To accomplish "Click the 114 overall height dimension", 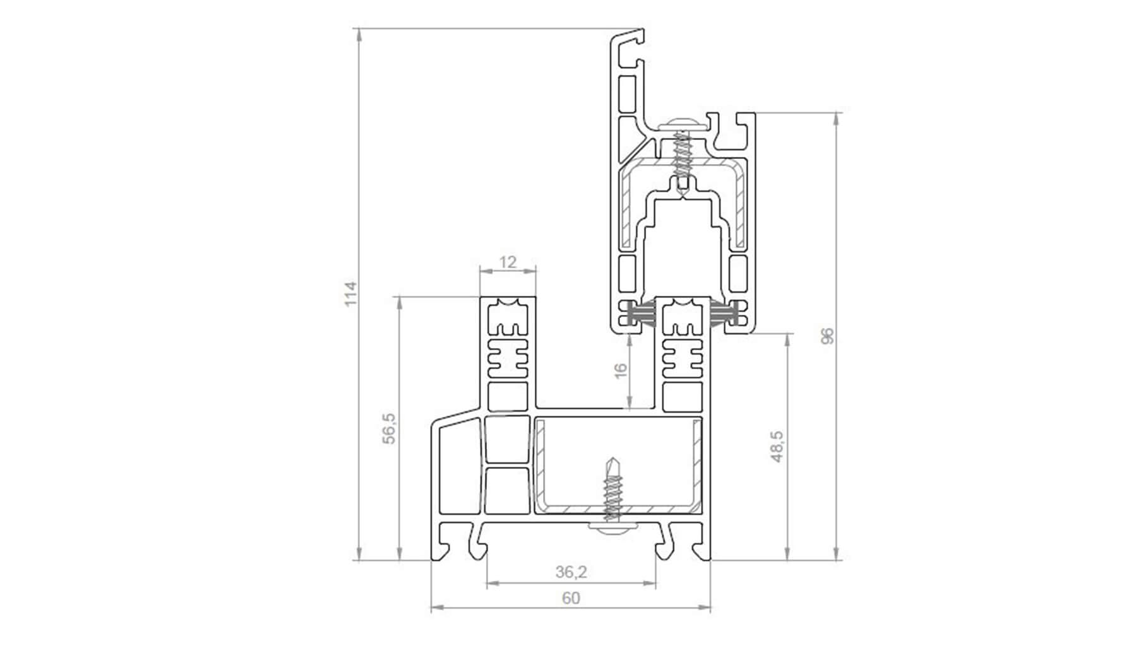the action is tap(350, 294).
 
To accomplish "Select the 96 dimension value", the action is tap(828, 336).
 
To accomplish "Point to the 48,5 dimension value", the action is tap(777, 446).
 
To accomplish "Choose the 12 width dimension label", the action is tap(508, 261).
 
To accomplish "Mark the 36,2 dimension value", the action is tap(571, 572).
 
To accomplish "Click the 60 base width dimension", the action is tap(570, 597).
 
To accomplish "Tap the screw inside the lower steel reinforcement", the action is tap(612, 490).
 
